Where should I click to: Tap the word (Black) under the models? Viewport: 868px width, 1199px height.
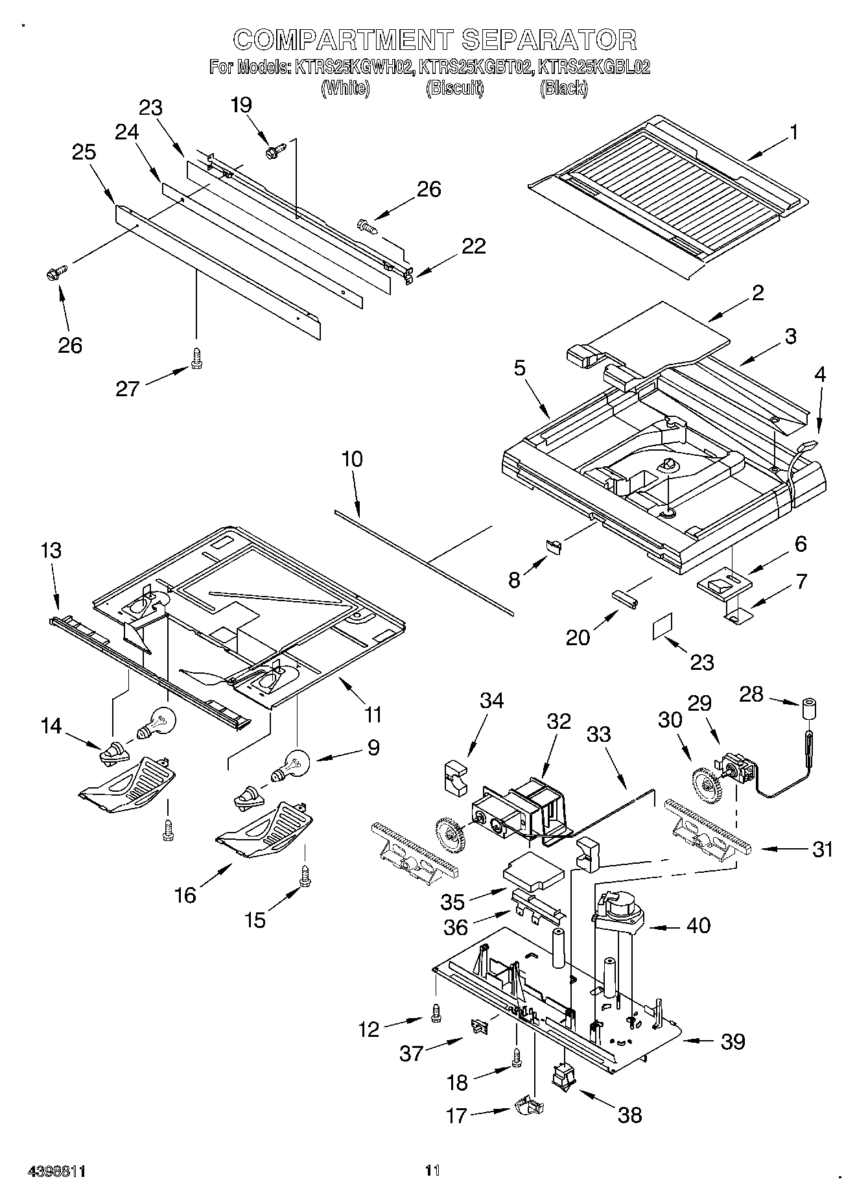tap(563, 88)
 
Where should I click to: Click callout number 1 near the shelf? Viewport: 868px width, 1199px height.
tap(793, 132)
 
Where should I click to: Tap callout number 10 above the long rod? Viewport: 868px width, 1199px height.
tap(352, 459)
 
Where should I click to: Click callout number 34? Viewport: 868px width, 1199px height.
tap(491, 700)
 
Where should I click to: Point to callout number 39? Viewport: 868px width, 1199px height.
tap(733, 1041)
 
